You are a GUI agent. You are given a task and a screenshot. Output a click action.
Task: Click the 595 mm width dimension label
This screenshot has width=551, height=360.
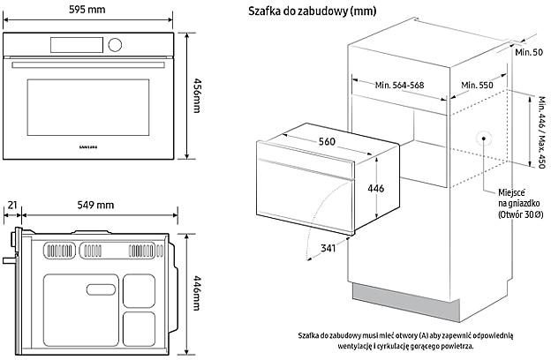[x=87, y=9]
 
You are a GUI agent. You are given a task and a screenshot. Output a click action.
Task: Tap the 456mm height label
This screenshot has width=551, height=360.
[x=197, y=95]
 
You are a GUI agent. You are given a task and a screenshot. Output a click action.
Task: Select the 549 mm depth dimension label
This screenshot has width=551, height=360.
[x=95, y=205]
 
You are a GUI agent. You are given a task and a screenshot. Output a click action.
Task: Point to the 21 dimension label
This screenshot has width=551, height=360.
[x=12, y=205]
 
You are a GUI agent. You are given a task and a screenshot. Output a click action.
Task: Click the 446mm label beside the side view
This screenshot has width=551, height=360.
[x=197, y=294]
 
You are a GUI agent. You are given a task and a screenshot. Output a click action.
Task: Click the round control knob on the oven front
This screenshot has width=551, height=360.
[x=115, y=45]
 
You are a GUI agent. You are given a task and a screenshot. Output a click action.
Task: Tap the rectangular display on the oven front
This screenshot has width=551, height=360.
[x=77, y=45]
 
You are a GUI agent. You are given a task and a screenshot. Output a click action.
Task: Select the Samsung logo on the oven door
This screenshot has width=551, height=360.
[x=87, y=147]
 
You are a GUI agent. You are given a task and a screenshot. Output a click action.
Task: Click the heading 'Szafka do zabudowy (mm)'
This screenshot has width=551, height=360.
[x=312, y=11]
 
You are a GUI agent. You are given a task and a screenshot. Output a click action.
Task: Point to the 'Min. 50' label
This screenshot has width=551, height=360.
[x=529, y=52]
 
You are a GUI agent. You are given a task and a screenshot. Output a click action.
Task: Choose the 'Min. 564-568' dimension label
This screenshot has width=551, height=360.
[x=399, y=85]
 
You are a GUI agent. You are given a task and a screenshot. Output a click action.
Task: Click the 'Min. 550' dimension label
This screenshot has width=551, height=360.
[x=477, y=85]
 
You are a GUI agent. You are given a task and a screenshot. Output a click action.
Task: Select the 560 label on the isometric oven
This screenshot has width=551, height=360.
[x=327, y=141]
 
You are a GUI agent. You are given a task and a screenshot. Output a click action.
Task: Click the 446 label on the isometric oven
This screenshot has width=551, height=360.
[x=375, y=189]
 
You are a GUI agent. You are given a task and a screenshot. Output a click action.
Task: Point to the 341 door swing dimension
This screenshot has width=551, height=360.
[x=328, y=248]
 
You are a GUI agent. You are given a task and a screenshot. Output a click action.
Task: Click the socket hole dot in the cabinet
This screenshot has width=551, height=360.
[x=484, y=139]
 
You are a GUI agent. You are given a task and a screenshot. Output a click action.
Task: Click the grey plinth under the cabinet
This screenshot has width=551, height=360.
[x=406, y=302]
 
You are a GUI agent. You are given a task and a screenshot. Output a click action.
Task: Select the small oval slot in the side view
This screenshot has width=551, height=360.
[x=101, y=289]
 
